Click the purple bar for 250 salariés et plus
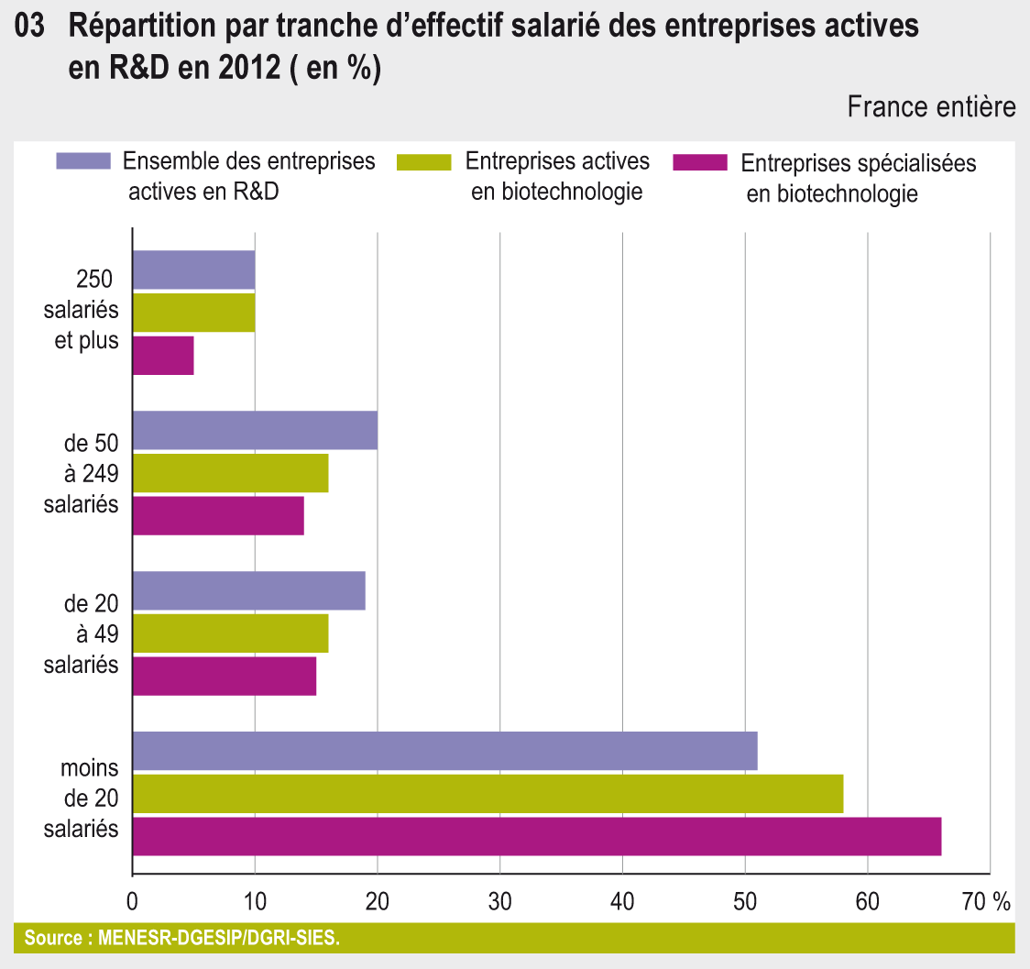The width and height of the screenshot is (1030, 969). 193,270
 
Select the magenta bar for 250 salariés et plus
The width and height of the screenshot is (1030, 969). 163,356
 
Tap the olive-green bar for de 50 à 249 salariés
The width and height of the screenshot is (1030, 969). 230,473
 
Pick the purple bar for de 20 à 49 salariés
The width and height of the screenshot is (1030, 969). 248,590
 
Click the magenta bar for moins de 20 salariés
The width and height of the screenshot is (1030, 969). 536,836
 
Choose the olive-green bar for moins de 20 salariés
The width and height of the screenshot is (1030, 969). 488,793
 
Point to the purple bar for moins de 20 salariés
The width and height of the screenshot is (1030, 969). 444,751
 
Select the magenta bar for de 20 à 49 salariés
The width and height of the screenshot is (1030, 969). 225,676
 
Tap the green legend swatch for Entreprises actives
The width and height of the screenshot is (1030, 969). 424,162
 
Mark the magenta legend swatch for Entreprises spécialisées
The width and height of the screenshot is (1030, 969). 699,163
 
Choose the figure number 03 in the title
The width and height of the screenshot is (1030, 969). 30,28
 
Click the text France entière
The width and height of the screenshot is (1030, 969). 931,106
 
